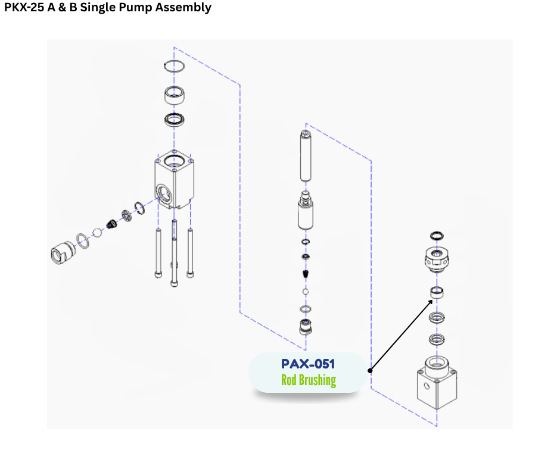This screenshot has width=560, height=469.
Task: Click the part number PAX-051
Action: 308,364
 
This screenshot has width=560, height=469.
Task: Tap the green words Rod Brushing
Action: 308,380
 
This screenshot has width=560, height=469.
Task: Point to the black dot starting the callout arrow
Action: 370,370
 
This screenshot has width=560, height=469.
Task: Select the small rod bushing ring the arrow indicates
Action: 437,292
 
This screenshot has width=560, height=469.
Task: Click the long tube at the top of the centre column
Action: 306,156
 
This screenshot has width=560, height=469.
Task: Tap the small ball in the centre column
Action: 306,292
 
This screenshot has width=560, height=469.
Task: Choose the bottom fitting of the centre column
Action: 306,327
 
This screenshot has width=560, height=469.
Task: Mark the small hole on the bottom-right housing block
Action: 427,385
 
